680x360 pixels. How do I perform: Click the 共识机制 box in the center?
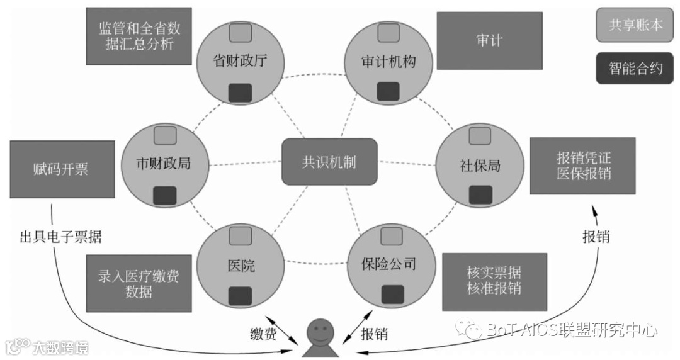click(329, 162)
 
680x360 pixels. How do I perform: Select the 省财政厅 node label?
click(241, 62)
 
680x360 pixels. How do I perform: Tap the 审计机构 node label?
click(388, 62)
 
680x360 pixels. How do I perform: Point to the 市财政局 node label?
click(163, 164)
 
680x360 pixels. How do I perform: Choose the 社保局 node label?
click(480, 166)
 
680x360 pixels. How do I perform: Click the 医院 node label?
click(241, 266)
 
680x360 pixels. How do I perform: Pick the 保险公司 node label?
click(388, 263)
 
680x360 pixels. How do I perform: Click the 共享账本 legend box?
click(635, 25)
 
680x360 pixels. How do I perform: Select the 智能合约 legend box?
click(635, 68)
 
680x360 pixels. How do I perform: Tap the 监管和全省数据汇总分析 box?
click(139, 37)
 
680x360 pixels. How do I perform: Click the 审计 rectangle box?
click(489, 41)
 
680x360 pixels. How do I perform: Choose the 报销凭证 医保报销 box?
click(583, 165)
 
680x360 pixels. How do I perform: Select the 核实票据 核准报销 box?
click(494, 281)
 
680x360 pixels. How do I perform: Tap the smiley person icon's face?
click(321, 332)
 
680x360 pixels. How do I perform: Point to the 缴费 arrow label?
click(263, 334)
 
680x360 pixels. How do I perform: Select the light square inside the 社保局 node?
click(480, 135)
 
